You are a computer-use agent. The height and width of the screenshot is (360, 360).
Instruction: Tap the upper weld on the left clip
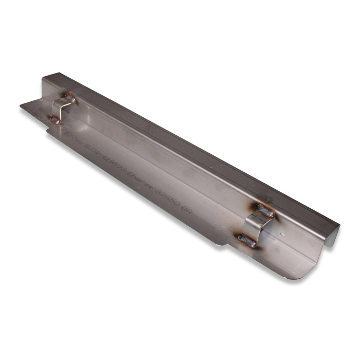(x=69, y=97)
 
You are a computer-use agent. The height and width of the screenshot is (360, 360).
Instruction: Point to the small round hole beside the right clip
(x=280, y=233)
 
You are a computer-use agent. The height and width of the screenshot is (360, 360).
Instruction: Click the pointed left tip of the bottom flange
(x=22, y=106)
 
